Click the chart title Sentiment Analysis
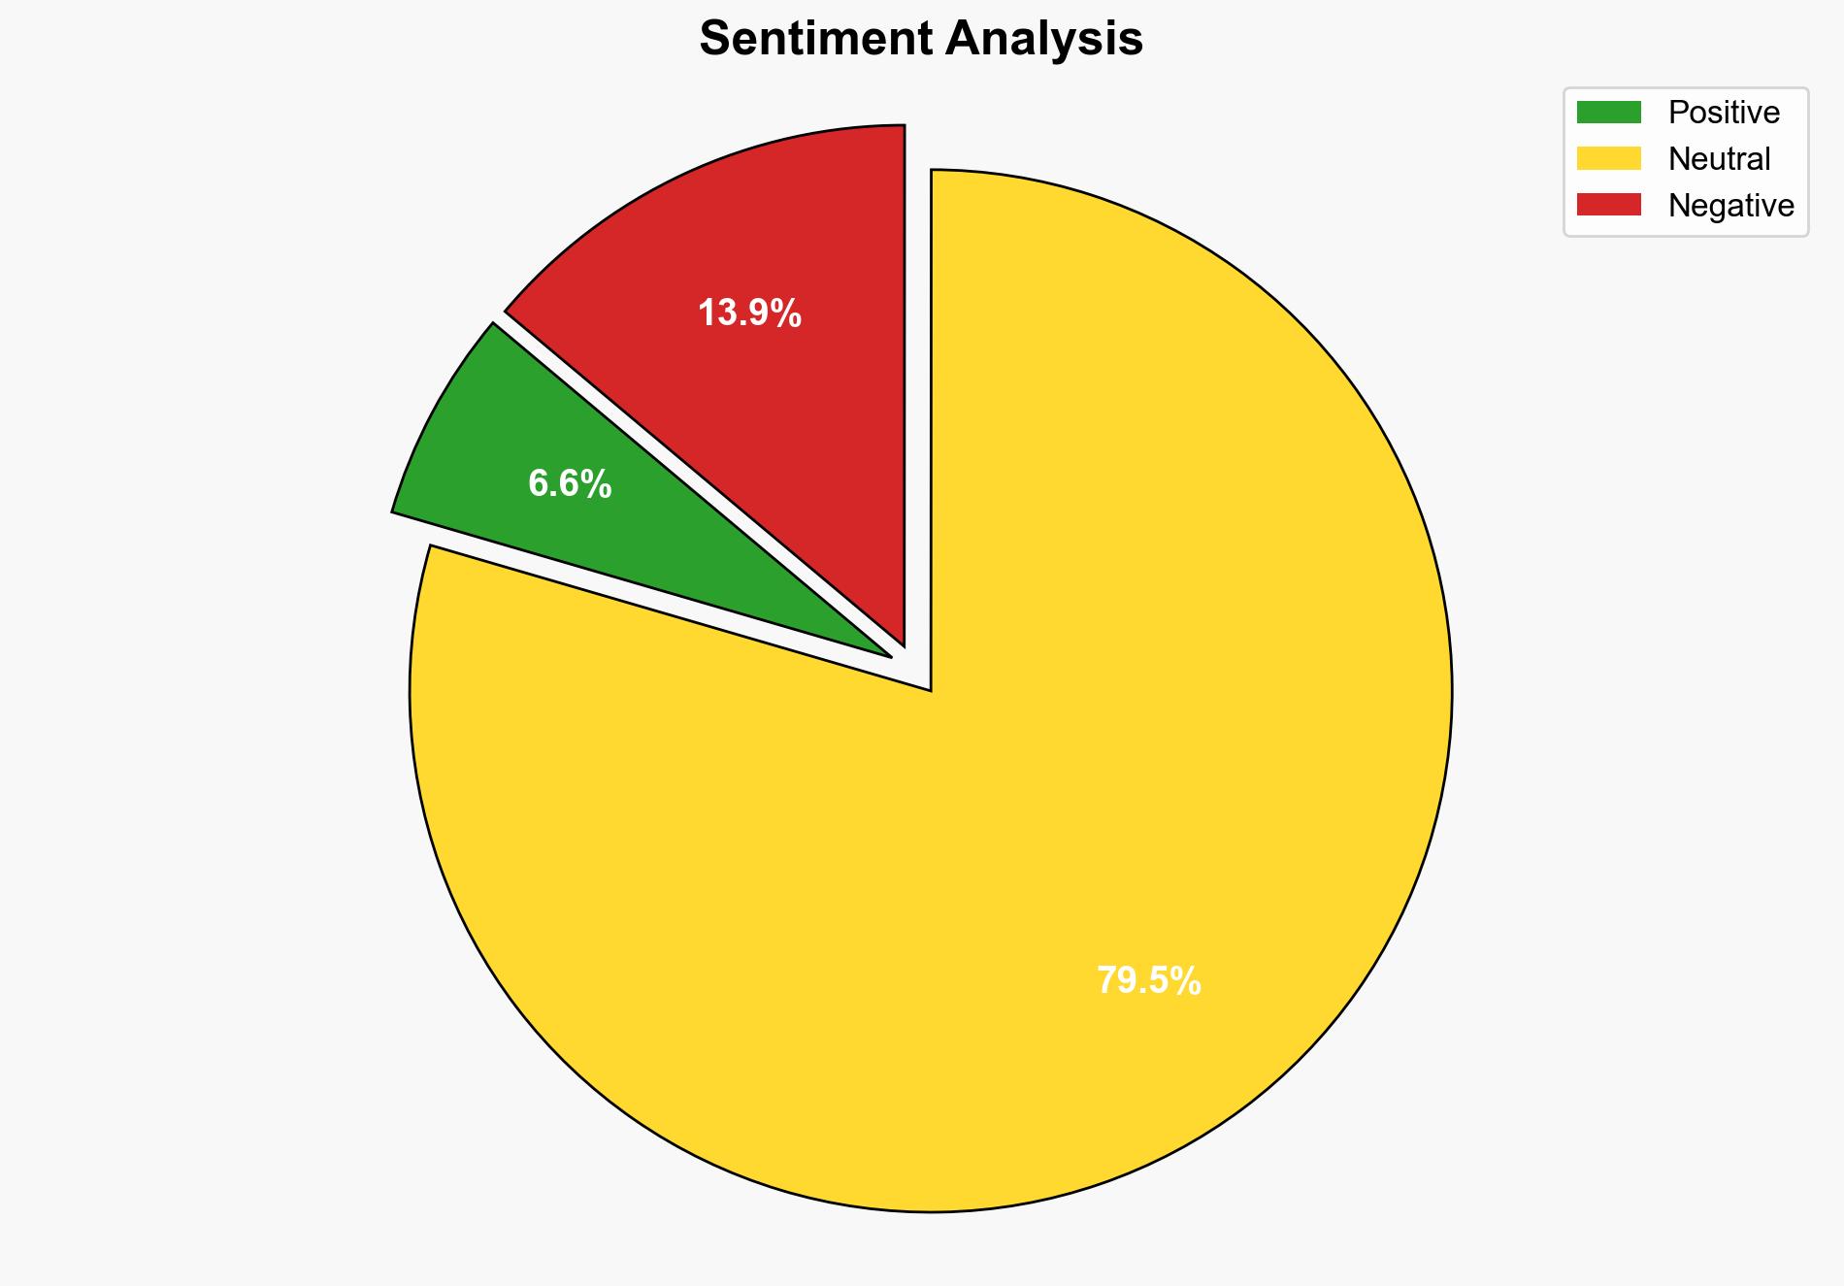coord(921,40)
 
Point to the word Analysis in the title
coord(1044,40)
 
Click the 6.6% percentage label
coord(570,483)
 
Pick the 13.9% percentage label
coord(749,313)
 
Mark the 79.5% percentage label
coord(1148,981)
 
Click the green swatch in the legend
coord(1608,113)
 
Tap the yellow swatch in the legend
coord(1608,158)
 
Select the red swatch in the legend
coord(1608,205)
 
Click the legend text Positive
coord(1724,113)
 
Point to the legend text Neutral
coord(1719,158)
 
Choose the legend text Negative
coord(1730,205)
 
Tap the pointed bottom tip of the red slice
coord(903,642)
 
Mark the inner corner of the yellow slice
coord(929,688)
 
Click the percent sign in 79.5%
coord(1187,981)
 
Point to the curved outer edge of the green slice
coord(436,408)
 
